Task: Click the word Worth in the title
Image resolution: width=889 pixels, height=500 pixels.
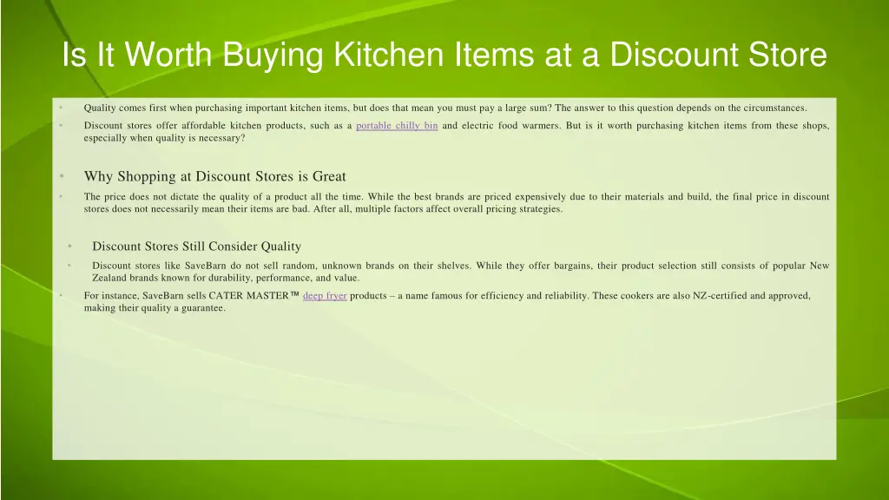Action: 167,56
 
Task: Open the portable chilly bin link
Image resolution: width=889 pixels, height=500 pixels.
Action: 397,126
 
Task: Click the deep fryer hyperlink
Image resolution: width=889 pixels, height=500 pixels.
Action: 325,296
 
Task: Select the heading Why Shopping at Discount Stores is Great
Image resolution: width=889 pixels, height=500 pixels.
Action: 214,176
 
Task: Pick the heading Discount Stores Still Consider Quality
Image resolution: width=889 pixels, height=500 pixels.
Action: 196,247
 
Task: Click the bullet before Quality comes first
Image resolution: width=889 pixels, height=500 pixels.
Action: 62,109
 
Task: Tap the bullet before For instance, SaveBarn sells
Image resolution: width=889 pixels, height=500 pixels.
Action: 62,296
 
